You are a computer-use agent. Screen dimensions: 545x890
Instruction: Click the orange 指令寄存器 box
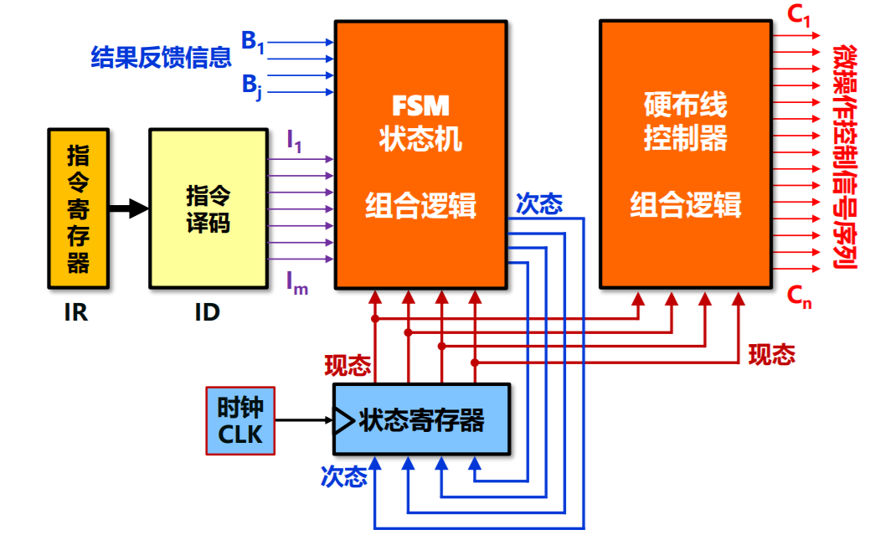78,208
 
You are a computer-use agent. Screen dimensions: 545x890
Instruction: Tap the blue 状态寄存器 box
421,419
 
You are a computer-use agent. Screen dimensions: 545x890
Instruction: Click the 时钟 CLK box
240,421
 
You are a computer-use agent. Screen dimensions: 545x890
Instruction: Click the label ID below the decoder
207,312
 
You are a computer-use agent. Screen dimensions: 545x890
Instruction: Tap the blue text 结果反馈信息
161,58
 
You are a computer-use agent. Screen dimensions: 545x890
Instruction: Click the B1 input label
253,41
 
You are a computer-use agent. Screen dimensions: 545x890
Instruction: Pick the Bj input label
252,85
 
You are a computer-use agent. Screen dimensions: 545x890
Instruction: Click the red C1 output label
800,17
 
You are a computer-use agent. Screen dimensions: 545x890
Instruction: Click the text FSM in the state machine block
420,105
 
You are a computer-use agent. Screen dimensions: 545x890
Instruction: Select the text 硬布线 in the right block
685,105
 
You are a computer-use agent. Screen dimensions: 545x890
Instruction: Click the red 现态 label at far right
771,355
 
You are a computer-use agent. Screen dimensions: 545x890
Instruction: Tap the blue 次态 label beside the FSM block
539,203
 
